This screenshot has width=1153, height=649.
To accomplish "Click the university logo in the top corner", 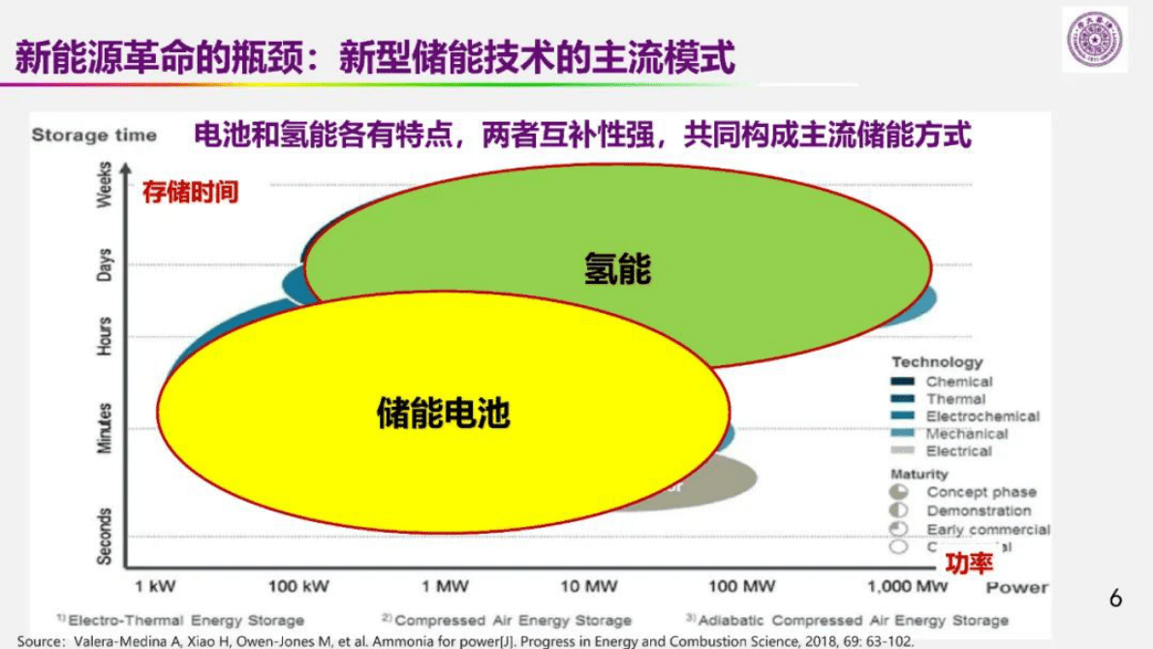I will click(x=1094, y=40).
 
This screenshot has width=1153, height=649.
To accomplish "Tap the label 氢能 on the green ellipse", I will click(x=617, y=268).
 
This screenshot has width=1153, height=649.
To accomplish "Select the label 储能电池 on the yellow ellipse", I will click(x=443, y=414).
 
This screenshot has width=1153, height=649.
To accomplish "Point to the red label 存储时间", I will click(x=190, y=192).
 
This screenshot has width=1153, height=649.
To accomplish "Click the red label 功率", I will click(x=969, y=563).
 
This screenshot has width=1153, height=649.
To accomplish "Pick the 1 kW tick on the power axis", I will click(x=155, y=586).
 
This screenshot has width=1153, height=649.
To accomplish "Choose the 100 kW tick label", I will click(x=299, y=586).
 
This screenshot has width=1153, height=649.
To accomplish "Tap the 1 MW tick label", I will click(x=446, y=586).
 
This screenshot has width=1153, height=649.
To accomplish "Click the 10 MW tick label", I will click(x=589, y=586).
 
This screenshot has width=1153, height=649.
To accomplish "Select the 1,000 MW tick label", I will click(x=907, y=586).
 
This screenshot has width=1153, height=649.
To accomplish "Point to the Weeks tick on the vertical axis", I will click(x=105, y=184).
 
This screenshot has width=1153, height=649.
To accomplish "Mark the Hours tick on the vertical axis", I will click(x=105, y=335).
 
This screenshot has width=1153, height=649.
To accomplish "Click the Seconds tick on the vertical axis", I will click(x=105, y=536).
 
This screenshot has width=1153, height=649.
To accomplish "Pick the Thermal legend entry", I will click(x=955, y=399).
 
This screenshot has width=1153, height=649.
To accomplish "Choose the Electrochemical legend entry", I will click(x=982, y=417).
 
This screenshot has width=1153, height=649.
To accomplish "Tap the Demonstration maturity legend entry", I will click(x=979, y=510).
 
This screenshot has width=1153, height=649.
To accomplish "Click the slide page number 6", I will click(x=1115, y=599).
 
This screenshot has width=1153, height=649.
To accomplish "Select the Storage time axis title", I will click(x=94, y=135).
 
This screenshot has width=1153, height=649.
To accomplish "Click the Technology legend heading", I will click(x=937, y=362).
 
